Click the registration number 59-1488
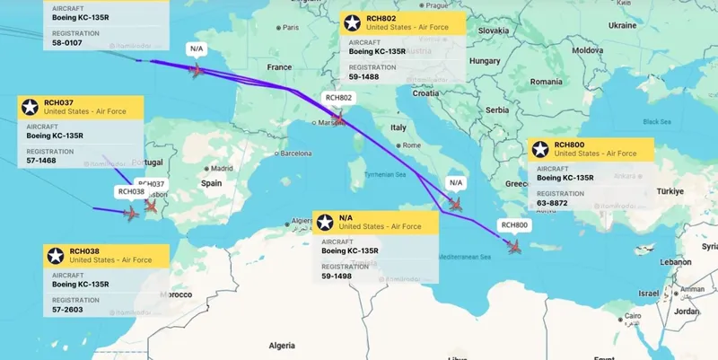[x=363, y=76]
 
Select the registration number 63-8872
[x=552, y=203]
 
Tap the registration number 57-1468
[x=41, y=162]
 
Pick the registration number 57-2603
[x=67, y=295]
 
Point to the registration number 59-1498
[x=337, y=276]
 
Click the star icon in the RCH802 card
[x=353, y=24]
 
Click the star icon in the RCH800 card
[x=540, y=150]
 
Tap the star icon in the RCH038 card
[x=56, y=255]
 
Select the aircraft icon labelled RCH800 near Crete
[x=514, y=245]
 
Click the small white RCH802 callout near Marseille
[x=338, y=98]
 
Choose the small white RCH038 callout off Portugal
[x=130, y=191]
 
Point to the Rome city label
[x=412, y=145]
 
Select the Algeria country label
[x=282, y=345]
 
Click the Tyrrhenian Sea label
[x=385, y=175]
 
